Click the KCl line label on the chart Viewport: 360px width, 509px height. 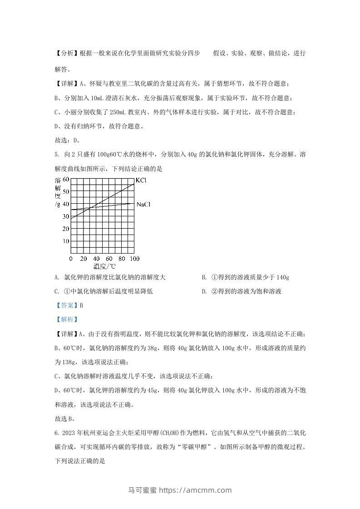141,181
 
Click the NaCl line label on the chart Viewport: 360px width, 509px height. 143,205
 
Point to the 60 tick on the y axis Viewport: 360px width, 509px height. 66,180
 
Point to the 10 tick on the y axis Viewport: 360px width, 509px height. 66,240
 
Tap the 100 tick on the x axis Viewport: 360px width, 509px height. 134,258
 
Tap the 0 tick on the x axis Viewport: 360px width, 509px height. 71,258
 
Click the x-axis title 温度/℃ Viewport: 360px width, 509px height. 104,267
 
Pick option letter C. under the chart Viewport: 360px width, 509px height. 57,292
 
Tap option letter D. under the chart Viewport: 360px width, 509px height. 204,292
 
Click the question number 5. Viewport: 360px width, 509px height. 55,155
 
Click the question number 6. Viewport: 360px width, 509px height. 55,433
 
